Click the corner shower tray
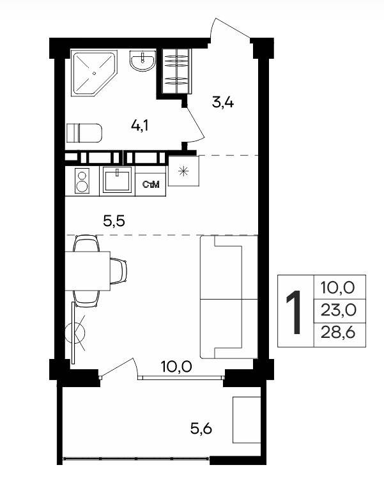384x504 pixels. click(x=94, y=73)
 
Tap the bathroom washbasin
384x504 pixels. click(x=142, y=61)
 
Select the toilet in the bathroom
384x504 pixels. click(x=84, y=133)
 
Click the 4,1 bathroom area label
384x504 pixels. click(x=139, y=125)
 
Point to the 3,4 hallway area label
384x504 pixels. click(x=222, y=103)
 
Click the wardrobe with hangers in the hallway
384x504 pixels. click(x=176, y=71)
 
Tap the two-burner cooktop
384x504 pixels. click(x=82, y=181)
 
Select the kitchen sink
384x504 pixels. click(x=117, y=180)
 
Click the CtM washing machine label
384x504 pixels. click(x=151, y=185)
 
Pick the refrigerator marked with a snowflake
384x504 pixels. click(x=183, y=171)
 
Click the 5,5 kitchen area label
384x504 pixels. click(x=114, y=221)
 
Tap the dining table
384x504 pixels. click(x=88, y=271)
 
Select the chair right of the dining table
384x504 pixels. click(x=118, y=271)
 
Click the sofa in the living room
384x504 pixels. click(x=229, y=297)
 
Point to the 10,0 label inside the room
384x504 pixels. click(x=176, y=367)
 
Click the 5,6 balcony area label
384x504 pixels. click(x=201, y=429)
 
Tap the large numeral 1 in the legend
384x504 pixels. click(x=294, y=312)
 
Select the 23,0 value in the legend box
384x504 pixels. click(x=339, y=310)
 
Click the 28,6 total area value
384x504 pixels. click(x=338, y=333)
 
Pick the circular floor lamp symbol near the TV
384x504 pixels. click(x=74, y=333)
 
